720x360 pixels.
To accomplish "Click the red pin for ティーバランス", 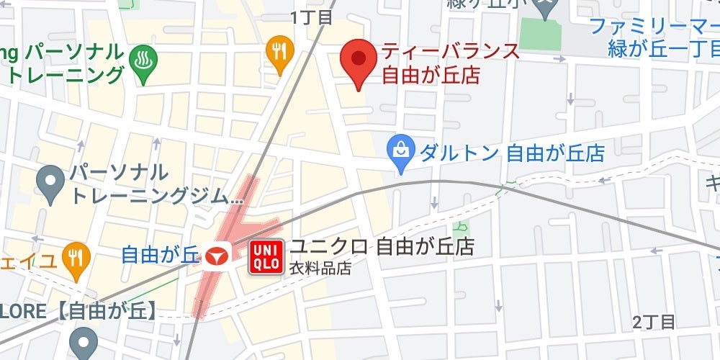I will coord(358,60).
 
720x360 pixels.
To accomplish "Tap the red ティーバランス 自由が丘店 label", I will coord(450,63).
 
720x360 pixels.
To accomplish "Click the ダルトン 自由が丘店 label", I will coord(511,153).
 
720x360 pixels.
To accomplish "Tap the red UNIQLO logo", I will coord(266,257).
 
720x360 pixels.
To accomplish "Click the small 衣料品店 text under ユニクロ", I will coord(320,269).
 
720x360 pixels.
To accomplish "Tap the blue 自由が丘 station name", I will coord(158,254).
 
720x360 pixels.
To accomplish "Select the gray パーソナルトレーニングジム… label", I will coord(155,184).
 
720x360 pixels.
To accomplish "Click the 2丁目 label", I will coord(654,322).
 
